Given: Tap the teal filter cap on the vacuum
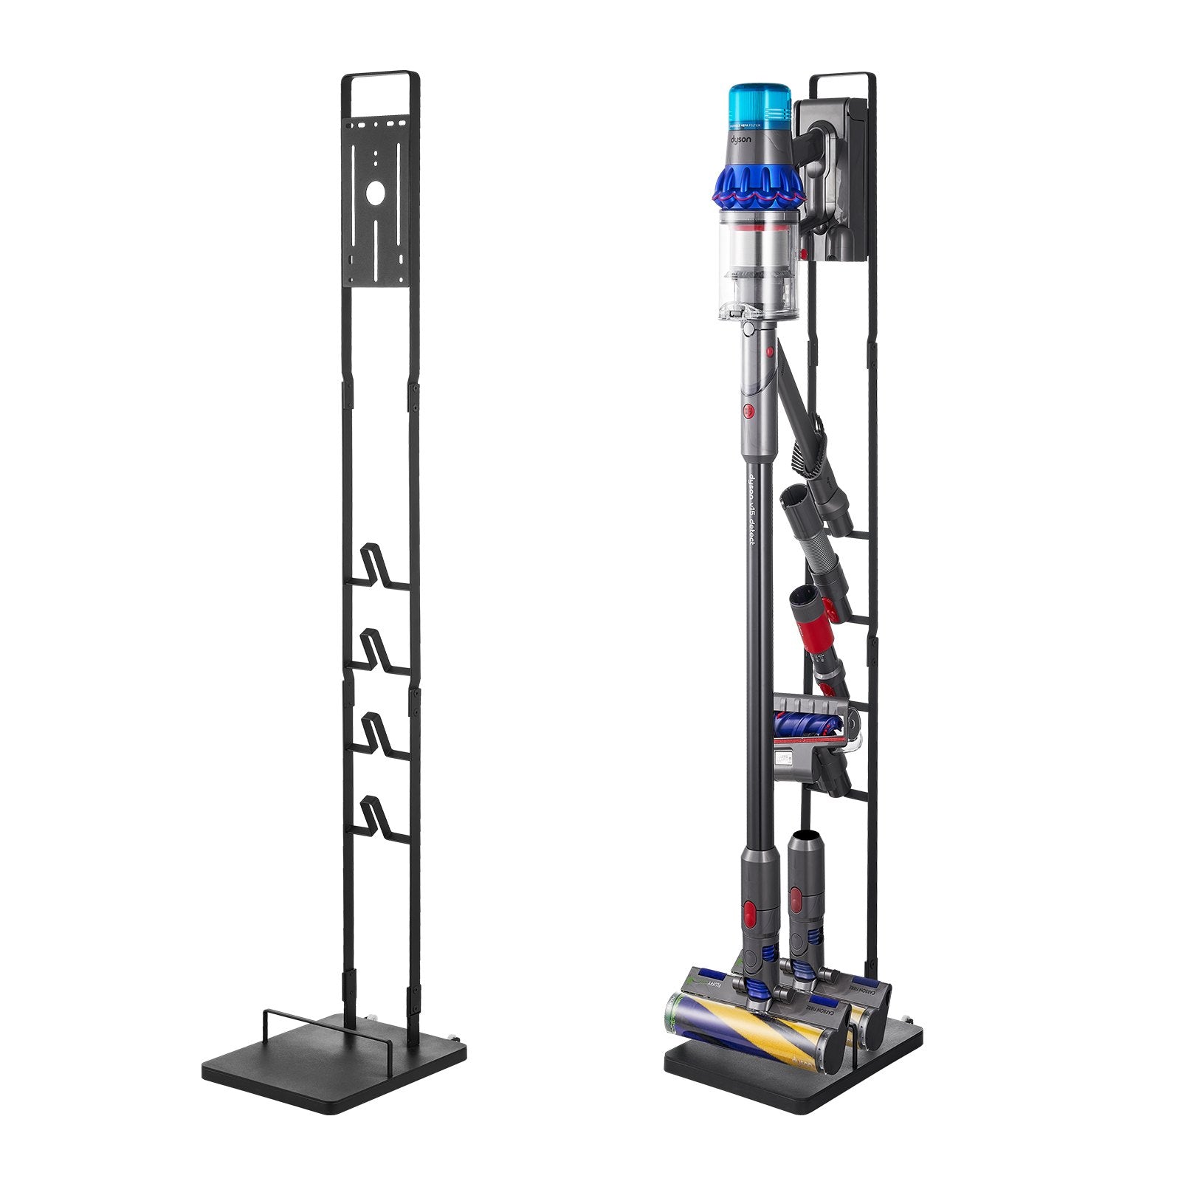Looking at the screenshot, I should click(760, 104).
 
